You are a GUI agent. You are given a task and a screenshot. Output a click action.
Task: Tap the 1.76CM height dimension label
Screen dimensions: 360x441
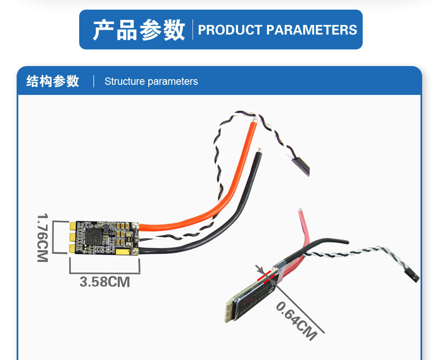pyautogui.click(x=42, y=238)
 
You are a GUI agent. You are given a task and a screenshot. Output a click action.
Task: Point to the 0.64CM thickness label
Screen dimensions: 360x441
pyautogui.click(x=296, y=321)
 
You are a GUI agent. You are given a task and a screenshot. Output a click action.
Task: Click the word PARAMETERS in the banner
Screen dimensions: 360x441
pyautogui.click(x=311, y=30)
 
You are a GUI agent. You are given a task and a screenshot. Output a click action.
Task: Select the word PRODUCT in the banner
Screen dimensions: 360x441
pyautogui.click(x=230, y=30)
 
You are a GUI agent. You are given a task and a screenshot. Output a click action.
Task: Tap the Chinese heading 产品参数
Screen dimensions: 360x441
pyautogui.click(x=139, y=30)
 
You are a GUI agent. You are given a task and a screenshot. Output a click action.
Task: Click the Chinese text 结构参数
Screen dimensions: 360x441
pyautogui.click(x=52, y=81)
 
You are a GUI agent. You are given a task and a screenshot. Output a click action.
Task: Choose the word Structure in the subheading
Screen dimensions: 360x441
pyautogui.click(x=124, y=81)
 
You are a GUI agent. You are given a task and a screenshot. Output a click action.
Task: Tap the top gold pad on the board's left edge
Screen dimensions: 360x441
pyautogui.click(x=73, y=226)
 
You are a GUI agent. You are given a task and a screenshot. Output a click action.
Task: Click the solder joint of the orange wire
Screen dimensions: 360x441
pyautogui.click(x=136, y=227)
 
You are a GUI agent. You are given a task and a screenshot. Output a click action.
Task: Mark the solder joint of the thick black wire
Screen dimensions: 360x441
pyautogui.click(x=136, y=251)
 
